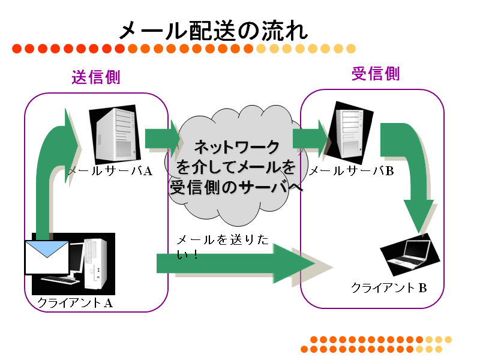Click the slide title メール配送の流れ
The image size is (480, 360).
pos(214,31)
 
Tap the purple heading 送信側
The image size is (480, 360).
pos(96,77)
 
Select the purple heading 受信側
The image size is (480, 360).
pos(376,73)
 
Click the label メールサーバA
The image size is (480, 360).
pos(110,171)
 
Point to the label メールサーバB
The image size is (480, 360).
pos(352,171)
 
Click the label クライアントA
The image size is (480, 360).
pos(75,303)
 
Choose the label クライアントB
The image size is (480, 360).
pos(389,288)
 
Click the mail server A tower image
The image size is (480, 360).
pos(115,134)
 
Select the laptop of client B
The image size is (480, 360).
pos(410,254)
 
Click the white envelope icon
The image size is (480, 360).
pos(47,258)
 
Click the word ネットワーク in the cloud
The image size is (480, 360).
pos(236,147)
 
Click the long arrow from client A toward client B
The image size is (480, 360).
pos(236,263)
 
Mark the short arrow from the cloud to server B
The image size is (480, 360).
pos(310,139)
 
